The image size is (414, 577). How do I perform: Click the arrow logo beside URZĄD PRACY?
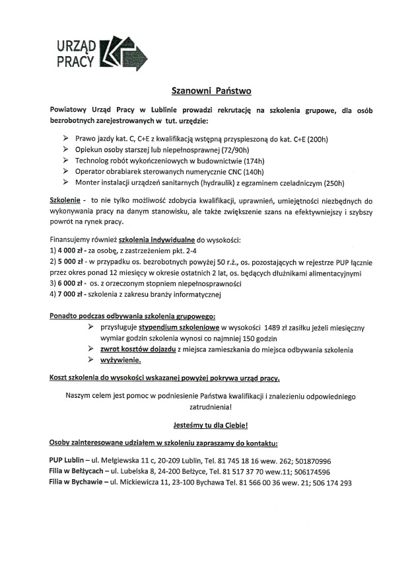coord(126,52)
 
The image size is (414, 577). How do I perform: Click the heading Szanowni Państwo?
coord(207,89)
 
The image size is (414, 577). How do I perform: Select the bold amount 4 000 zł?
coord(68,251)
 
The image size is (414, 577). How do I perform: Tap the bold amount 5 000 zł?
coord(68,262)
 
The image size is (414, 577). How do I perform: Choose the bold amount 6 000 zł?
coord(68,284)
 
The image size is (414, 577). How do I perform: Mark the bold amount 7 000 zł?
coord(68,294)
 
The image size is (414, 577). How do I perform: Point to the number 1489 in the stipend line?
coord(275,327)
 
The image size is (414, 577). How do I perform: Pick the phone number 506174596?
coord(308,472)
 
